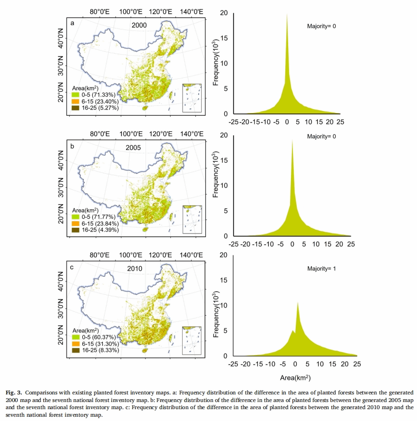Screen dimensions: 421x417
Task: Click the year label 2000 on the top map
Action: click(x=139, y=26)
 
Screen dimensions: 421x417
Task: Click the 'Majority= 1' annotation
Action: click(x=322, y=269)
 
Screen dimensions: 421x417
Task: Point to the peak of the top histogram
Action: click(x=287, y=15)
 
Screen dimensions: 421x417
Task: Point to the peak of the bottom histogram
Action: click(x=298, y=302)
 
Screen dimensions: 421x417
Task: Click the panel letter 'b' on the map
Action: click(x=72, y=146)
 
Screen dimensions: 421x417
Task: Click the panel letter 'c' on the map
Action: click(x=72, y=267)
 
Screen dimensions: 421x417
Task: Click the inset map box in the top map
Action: click(x=192, y=97)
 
